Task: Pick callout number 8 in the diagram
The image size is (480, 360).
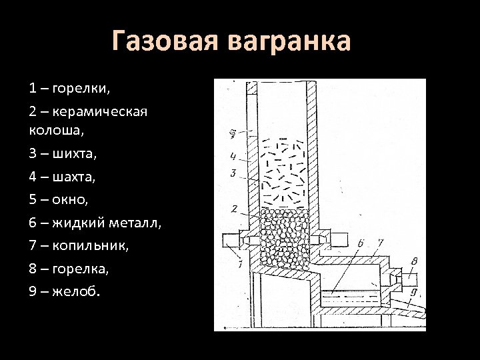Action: tap(415, 261)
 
